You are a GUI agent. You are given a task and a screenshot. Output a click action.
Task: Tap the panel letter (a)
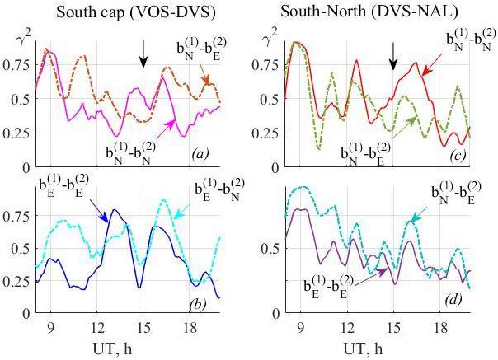point(202,154)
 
